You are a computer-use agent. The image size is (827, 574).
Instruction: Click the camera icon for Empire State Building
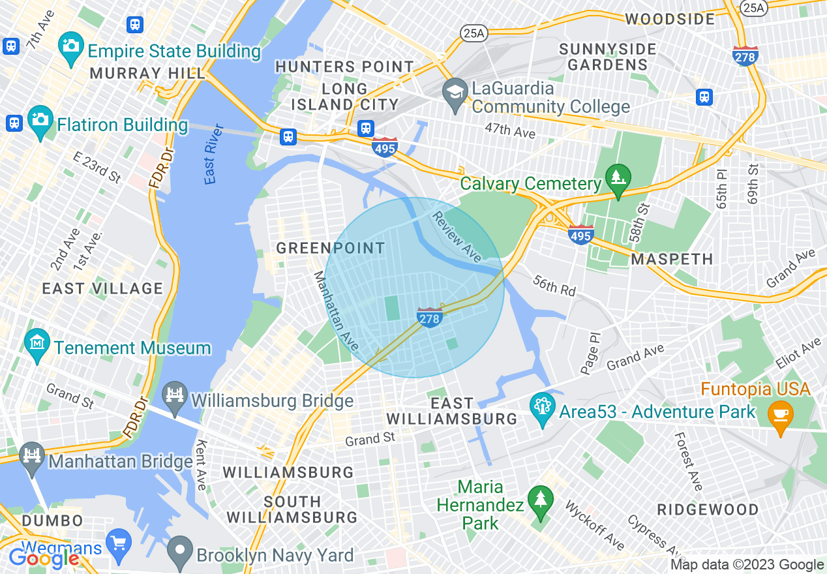point(70,45)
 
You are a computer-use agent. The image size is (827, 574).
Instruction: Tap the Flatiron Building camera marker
point(40,120)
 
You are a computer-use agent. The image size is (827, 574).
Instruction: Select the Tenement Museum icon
point(38,341)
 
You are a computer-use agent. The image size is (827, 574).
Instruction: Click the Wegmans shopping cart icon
point(119,543)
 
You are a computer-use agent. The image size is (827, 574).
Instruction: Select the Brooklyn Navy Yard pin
point(179,549)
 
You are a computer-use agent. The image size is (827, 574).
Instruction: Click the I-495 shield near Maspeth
point(580,234)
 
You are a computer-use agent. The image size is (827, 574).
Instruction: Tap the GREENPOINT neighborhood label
point(331,248)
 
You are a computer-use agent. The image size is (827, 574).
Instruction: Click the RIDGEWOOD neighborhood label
point(708,509)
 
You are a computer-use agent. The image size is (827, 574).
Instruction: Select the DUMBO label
point(53,521)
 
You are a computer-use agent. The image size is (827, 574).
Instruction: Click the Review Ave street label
point(457,237)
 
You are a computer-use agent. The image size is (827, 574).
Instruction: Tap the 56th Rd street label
point(554,285)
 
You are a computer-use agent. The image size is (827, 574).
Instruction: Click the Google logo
point(43,558)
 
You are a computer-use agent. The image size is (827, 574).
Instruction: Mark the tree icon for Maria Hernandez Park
point(541,500)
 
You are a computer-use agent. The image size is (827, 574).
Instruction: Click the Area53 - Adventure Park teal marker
point(542,407)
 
